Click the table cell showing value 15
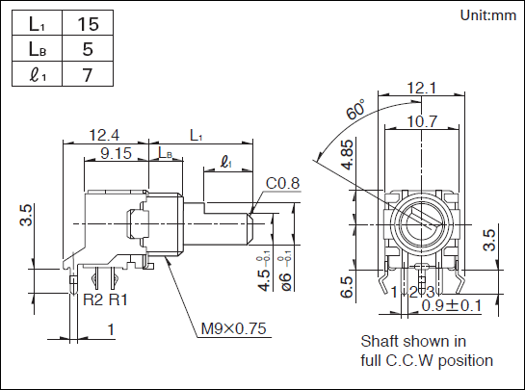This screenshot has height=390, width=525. (x=88, y=23)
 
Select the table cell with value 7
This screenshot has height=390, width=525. (x=88, y=74)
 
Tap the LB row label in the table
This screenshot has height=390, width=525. (x=38, y=48)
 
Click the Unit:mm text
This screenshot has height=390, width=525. (x=487, y=15)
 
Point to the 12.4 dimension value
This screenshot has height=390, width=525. (x=104, y=135)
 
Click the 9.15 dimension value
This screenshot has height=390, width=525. (x=116, y=153)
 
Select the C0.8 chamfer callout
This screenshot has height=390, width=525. (x=282, y=183)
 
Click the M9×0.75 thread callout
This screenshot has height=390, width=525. (x=234, y=328)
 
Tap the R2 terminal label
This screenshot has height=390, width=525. (x=92, y=299)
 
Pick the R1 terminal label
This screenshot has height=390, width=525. (x=118, y=299)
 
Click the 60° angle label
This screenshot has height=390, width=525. (x=355, y=109)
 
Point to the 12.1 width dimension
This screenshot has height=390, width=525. (x=422, y=88)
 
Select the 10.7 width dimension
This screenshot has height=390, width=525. (x=422, y=121)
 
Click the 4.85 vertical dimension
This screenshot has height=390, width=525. (x=348, y=155)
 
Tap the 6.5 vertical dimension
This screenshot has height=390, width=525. (x=347, y=287)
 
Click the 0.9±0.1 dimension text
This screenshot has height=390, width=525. (x=452, y=305)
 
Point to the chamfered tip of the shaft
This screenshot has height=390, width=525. (x=250, y=228)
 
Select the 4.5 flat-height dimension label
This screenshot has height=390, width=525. (x=264, y=280)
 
